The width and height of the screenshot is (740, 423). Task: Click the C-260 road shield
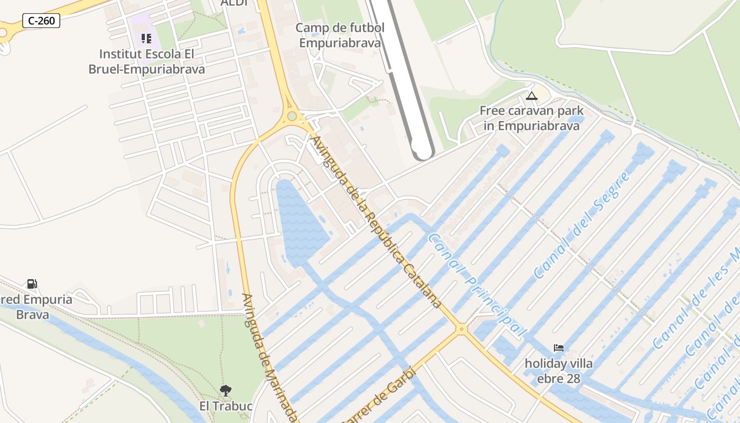[x=41, y=21]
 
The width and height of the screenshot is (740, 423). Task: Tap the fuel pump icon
[x=32, y=284]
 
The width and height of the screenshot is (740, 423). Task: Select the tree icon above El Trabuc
[x=226, y=391]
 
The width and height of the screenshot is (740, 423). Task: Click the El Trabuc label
[x=226, y=406]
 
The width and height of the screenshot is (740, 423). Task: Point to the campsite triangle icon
[x=531, y=96]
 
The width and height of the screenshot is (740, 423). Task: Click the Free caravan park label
[x=531, y=118]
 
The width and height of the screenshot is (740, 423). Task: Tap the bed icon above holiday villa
[x=559, y=348]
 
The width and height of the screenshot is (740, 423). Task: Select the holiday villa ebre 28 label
[x=559, y=371]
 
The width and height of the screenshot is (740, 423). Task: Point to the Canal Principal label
[x=477, y=286]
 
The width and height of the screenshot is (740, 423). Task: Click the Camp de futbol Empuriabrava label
[x=340, y=35]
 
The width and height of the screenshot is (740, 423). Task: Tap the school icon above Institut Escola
[x=146, y=39]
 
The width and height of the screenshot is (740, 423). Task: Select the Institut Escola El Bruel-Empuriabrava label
[x=146, y=61]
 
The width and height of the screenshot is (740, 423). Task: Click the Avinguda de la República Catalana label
[x=376, y=222]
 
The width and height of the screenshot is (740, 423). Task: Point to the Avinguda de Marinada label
[x=269, y=357]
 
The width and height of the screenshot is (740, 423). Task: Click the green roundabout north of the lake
[x=292, y=116]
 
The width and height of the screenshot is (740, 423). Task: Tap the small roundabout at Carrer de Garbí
[x=462, y=329]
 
